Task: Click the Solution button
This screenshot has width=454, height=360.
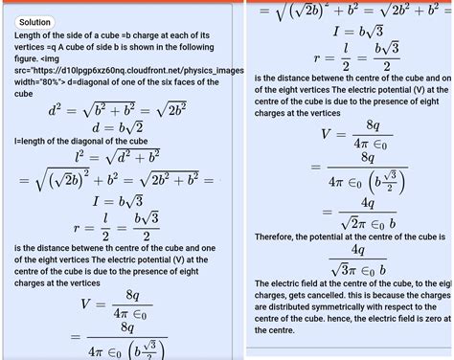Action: click(35, 22)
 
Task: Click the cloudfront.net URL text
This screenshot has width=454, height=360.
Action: click(105, 70)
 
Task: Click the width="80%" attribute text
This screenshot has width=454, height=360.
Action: click(46, 82)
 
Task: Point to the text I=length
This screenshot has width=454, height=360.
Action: click(36, 142)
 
